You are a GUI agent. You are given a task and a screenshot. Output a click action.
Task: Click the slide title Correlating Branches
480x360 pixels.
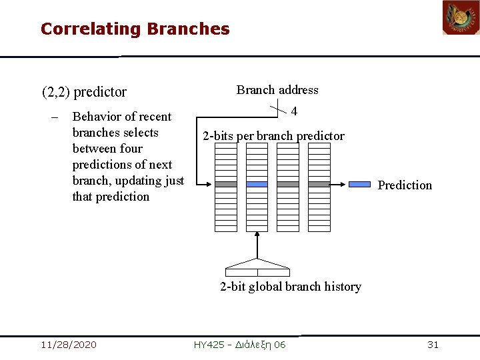tap(135, 29)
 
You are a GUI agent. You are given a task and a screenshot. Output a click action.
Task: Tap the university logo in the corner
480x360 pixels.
tap(461, 18)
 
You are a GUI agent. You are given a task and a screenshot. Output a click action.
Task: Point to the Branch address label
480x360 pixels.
tap(277, 90)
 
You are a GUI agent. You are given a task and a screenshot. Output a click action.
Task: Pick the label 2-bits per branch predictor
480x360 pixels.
tap(273, 136)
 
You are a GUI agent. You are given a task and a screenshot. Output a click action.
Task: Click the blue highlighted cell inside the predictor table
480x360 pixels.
tap(257, 184)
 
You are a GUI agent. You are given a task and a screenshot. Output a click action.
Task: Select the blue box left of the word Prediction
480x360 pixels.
tap(360, 184)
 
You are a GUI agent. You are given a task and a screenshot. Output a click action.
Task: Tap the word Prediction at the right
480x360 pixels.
tap(405, 185)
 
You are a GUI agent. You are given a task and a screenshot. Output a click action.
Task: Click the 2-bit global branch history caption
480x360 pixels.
tap(291, 287)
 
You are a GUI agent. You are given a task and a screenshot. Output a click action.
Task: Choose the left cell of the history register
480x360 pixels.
tap(241, 272)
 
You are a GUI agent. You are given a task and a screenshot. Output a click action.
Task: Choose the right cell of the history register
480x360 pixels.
tap(273, 272)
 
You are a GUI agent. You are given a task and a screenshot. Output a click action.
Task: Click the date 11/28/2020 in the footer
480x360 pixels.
tap(68, 345)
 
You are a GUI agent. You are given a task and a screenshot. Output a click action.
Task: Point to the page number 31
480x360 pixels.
tap(433, 345)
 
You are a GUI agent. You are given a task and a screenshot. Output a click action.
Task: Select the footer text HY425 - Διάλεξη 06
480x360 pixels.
tap(239, 345)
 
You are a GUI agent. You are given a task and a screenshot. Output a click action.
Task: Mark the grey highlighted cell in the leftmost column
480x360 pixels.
tap(226, 184)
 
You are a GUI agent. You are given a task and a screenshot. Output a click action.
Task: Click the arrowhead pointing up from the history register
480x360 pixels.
tap(257, 237)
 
